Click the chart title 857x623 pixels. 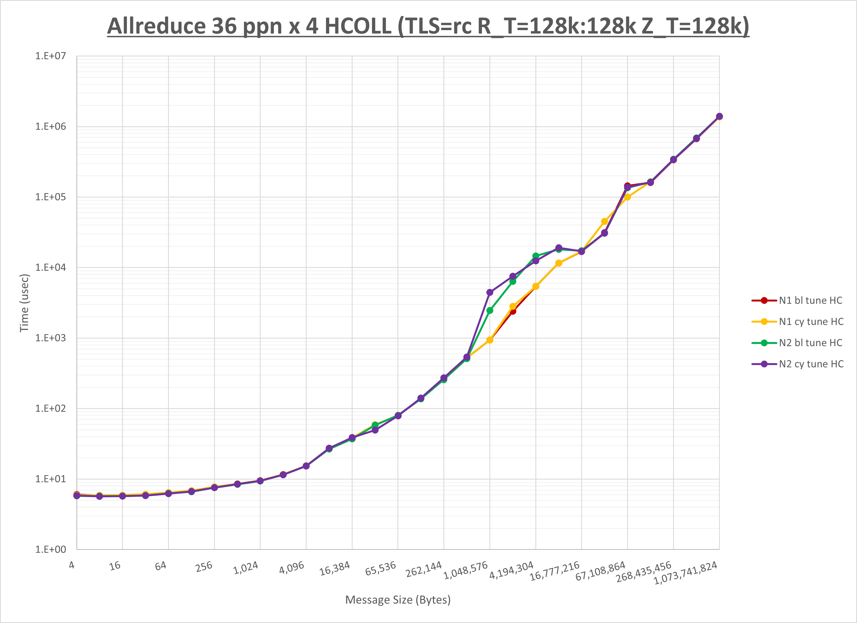tap(428, 27)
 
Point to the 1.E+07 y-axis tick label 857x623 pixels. tap(50, 56)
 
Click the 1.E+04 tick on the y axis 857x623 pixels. tap(50, 268)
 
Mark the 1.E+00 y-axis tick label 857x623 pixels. tap(50, 550)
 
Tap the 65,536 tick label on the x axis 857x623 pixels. tap(380, 569)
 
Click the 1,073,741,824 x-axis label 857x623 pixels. tap(685, 573)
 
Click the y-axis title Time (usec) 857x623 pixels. tap(24, 303)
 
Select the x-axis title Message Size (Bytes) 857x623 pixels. tap(398, 600)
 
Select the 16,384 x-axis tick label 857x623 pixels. tap(335, 569)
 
